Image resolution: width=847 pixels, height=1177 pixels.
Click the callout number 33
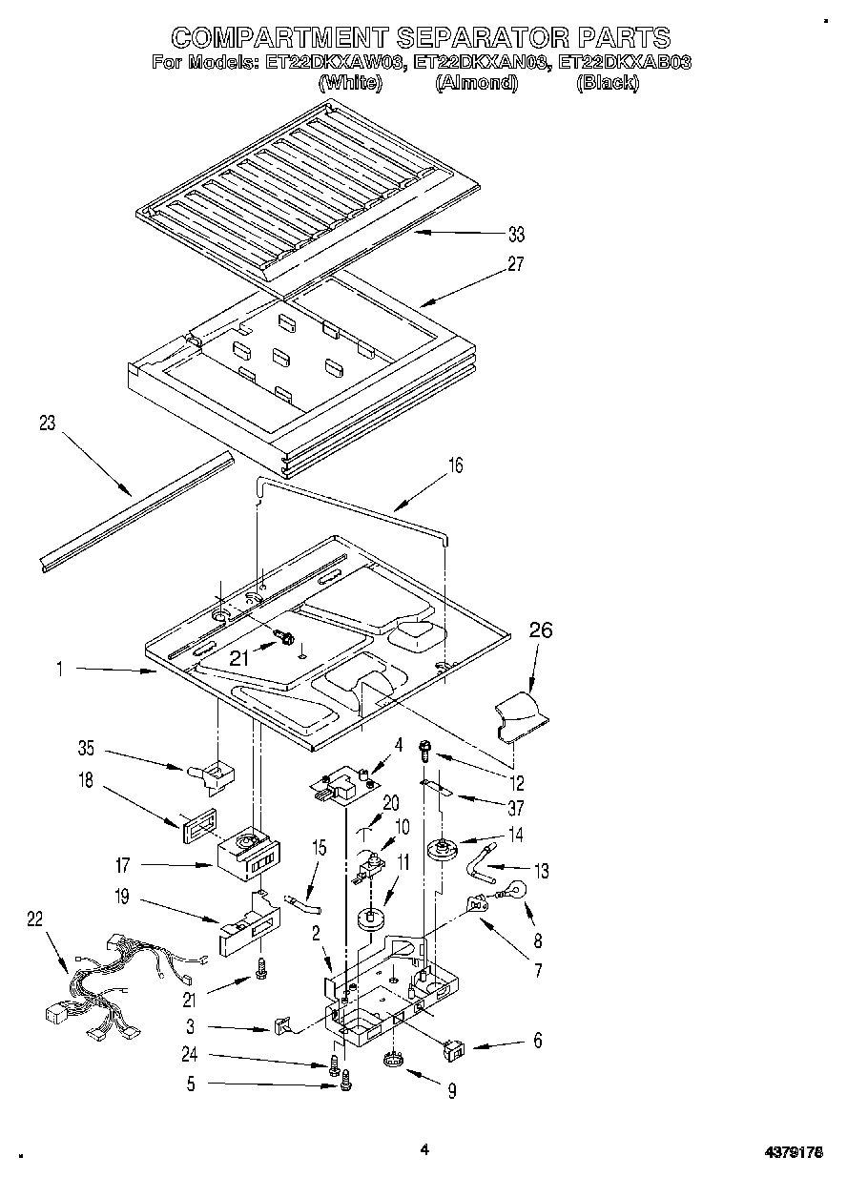[515, 235]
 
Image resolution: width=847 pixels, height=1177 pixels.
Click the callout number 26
[540, 630]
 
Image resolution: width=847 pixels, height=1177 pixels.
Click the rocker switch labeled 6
[456, 1051]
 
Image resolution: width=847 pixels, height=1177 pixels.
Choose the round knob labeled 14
[442, 847]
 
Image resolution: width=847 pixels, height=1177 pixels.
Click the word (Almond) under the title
[476, 83]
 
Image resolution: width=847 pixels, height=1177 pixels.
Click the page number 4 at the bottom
[424, 1149]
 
